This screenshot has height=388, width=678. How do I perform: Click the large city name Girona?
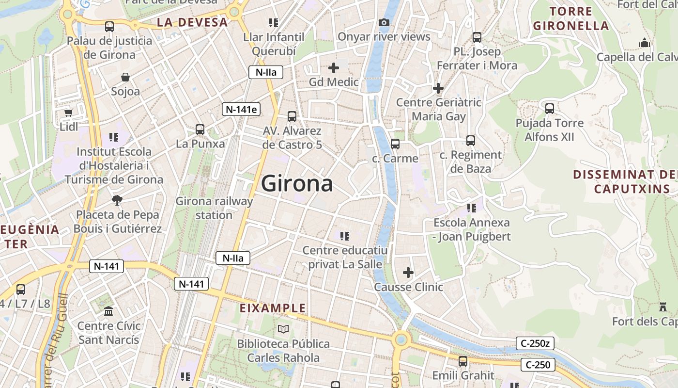pos(297,184)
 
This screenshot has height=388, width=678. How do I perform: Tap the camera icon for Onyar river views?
pos(384,22)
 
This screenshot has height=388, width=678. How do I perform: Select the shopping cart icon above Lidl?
pos(68,113)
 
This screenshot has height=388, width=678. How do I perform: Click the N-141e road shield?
pos(241,109)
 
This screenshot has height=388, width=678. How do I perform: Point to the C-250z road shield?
pos(535,343)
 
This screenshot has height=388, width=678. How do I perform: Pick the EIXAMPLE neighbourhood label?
pos(273,308)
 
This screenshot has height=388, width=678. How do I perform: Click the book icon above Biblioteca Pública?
pos(283,329)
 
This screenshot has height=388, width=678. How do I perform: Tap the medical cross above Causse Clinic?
pos(408,273)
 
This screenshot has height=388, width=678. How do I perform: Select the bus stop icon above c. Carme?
pos(395,144)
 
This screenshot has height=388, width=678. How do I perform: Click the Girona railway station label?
pos(214,208)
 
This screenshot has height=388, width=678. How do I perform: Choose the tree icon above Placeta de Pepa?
pos(117,200)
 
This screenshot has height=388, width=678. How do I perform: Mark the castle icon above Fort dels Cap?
pos(663,307)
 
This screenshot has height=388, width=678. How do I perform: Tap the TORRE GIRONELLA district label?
pos(570,18)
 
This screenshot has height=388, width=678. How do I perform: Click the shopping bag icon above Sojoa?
pos(125,77)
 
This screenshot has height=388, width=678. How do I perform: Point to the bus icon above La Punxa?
pos(200,129)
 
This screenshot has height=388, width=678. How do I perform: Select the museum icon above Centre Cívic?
pos(108,311)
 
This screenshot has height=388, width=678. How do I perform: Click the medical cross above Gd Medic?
pos(334,68)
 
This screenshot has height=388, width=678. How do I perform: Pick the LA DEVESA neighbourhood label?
pos(192,22)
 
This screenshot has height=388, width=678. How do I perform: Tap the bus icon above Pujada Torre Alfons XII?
pos(550,108)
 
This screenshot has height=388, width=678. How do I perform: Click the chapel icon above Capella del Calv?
pos(644,43)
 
